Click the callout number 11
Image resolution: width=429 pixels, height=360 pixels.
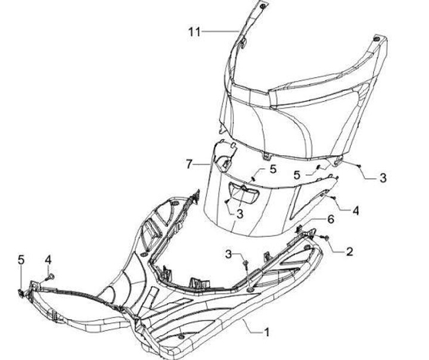tap(195, 32)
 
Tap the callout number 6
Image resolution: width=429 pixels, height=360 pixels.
tap(331, 219)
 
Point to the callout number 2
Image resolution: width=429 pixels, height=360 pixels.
tap(349, 252)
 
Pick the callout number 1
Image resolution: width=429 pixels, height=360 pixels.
tap(268, 331)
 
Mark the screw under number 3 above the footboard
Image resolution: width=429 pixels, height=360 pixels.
tap(245, 263)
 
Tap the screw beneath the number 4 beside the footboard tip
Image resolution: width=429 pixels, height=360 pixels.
tap(50, 276)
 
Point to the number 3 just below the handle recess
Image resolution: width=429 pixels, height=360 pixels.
tap(240, 213)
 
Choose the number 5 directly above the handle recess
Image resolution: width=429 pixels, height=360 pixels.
tap(273, 169)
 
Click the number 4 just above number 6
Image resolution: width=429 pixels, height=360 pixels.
tap(356, 210)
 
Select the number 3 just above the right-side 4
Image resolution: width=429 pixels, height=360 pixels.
tap(383, 178)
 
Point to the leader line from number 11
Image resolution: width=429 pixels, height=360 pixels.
tap(220, 31)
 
